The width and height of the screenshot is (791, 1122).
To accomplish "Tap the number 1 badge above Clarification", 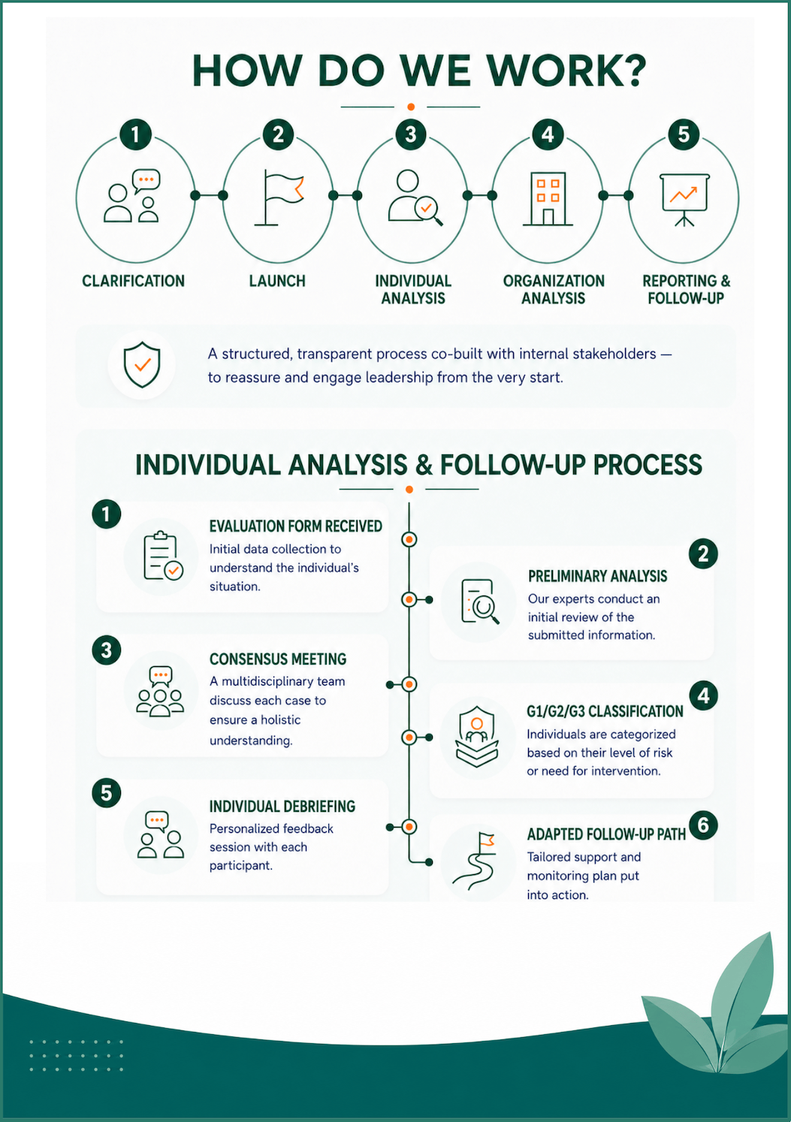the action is pos(135,134).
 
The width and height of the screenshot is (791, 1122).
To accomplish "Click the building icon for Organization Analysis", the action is pos(548,199).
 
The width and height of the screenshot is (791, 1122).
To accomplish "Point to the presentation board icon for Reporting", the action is pos(684,199).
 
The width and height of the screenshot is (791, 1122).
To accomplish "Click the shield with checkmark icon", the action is pos(142,365).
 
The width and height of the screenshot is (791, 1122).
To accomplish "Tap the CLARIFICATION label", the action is pos(133,281).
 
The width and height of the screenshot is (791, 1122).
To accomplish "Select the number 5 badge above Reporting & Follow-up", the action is pos(684,134).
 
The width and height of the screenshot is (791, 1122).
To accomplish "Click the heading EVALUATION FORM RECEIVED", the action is pos(295,526).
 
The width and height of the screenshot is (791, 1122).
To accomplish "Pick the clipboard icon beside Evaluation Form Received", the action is pos(163,556).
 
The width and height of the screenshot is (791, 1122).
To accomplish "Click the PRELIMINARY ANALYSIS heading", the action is pos(598,577).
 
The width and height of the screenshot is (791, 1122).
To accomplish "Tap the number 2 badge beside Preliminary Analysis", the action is pos(703,554).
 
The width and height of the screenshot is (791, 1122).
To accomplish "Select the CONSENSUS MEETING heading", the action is pos(278,659).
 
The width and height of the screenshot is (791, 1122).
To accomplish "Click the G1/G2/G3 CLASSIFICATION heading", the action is pos(605,711).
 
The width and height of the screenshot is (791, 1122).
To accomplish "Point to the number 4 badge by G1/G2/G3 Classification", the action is pos(703,695).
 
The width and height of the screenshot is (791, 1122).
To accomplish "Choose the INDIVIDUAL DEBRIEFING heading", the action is pos(282,807).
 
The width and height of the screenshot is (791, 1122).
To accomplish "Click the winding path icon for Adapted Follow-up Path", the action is pos(474,861).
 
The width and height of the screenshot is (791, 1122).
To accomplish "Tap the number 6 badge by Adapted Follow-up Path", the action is pos(703,825).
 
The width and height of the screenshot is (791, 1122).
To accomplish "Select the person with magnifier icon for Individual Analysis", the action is pos(415,198).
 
